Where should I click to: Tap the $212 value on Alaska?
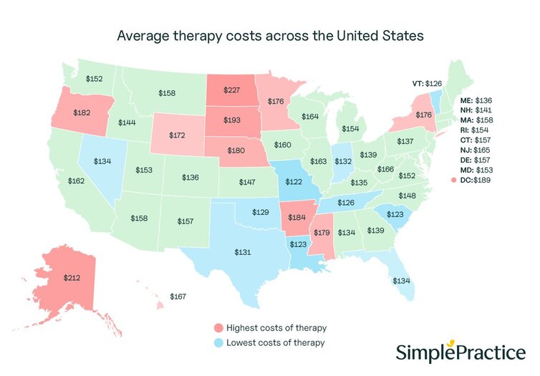pos(73,276)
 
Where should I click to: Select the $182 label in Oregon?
pos(82,113)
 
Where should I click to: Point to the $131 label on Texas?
pos(246,251)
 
